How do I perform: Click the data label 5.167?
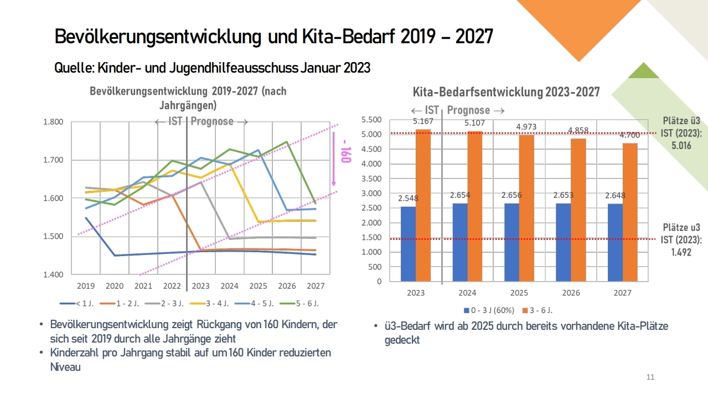[422, 121]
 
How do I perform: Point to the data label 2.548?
[408, 198]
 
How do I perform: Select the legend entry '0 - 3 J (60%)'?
[488, 309]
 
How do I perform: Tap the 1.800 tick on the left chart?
[53, 122]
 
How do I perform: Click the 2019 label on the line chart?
[86, 286]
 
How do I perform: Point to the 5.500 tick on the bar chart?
[371, 120]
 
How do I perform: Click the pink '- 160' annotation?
[345, 154]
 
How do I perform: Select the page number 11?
[650, 377]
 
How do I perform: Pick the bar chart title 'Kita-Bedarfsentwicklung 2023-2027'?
[506, 92]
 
